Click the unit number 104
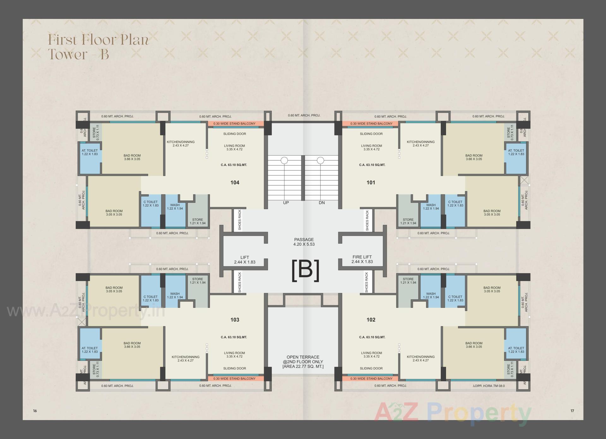click(x=235, y=182)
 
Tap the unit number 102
click(x=371, y=319)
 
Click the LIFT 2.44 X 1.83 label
click(x=245, y=260)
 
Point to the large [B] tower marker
click(x=305, y=271)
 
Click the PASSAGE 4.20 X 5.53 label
click(x=304, y=242)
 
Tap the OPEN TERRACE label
click(x=303, y=362)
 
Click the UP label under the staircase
click(x=286, y=202)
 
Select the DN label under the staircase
click(x=322, y=202)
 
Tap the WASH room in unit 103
click(x=175, y=295)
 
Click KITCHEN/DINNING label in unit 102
click(x=420, y=358)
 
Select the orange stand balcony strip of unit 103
click(x=235, y=378)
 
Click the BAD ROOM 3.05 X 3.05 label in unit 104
click(x=114, y=213)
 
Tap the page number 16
click(x=35, y=411)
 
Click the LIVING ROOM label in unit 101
click(x=371, y=147)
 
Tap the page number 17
click(x=572, y=411)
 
